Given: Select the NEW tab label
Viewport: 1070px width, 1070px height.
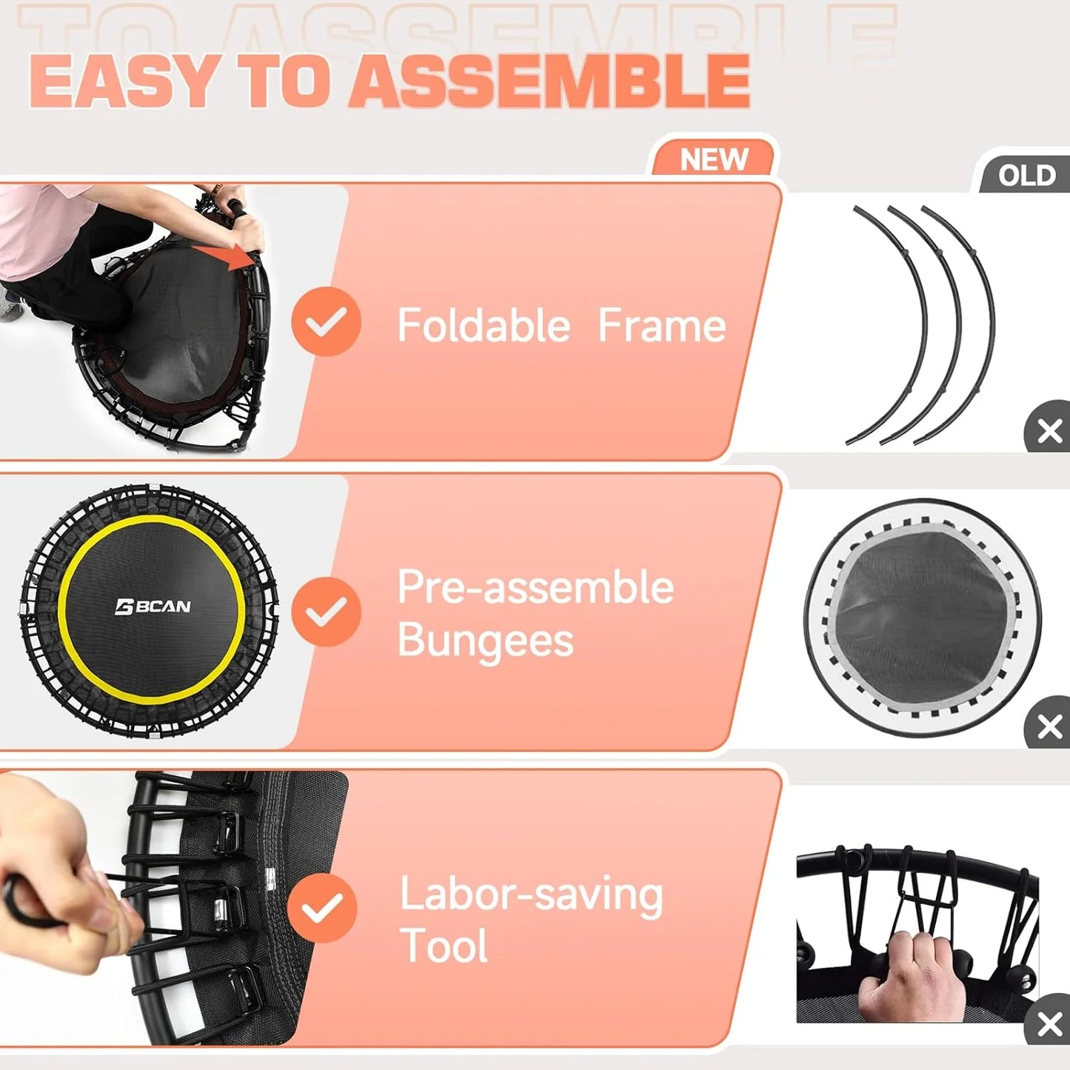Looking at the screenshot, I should [x=714, y=160].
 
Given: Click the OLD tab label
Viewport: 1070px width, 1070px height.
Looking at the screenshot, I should [x=1026, y=176].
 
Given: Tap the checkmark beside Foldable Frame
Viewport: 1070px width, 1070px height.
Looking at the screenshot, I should [x=326, y=322].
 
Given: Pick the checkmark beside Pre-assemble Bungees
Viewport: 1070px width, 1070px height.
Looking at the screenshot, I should [x=326, y=612].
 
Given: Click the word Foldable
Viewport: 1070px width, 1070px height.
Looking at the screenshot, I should [x=484, y=326].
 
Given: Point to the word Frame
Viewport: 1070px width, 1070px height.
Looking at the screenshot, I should [x=661, y=326].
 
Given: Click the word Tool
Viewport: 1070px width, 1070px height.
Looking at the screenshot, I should [x=444, y=946].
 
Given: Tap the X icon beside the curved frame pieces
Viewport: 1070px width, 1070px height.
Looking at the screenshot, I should [x=1049, y=430].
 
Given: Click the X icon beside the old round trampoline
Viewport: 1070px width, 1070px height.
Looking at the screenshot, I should [x=1049, y=726].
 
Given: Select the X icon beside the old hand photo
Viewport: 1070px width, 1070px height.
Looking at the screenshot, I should [x=1049, y=1024].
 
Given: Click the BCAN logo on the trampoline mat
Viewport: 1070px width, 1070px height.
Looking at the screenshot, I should [x=153, y=607].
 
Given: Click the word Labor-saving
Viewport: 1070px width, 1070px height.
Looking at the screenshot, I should [x=531, y=895].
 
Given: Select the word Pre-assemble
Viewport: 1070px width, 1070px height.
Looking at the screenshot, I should [x=535, y=588].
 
